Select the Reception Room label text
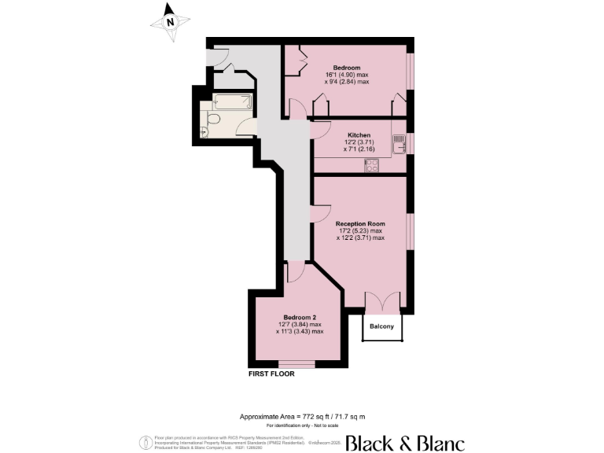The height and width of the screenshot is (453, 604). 360,223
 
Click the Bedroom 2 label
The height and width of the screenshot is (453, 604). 299,317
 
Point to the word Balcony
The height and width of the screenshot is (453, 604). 382,326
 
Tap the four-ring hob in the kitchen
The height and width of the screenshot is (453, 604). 371,165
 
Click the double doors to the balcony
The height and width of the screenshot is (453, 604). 383,302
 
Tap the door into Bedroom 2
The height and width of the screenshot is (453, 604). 295,272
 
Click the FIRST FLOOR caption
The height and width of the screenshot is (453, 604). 271,374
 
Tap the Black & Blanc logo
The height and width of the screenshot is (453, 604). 404,442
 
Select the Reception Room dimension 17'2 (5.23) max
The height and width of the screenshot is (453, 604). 360,230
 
